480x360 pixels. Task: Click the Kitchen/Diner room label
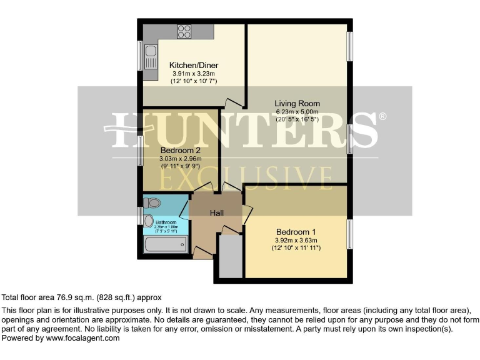[x=194, y=65]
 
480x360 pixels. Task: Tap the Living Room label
[x=297, y=104]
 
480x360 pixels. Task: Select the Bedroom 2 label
[x=180, y=151]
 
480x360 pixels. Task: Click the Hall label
[x=216, y=213]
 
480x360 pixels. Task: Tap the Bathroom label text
[x=166, y=222]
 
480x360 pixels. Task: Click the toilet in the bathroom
[x=152, y=202]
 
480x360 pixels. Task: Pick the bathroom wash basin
[x=147, y=221]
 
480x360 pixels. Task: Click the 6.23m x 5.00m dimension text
[x=297, y=112]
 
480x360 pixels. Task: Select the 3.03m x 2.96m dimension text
[x=180, y=159]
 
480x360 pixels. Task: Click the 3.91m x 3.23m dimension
[x=194, y=73]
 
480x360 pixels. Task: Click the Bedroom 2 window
[x=141, y=149]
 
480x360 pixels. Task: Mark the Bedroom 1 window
[x=350, y=232]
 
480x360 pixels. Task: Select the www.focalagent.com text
[x=81, y=338]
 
